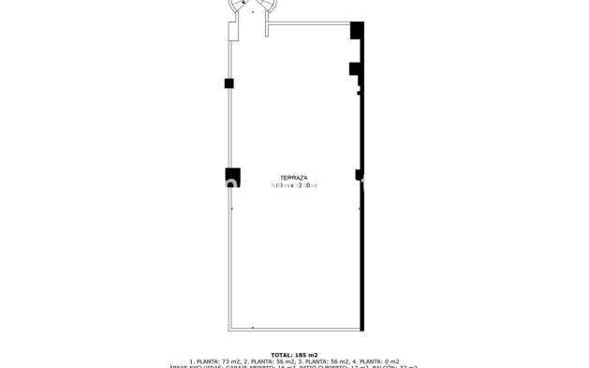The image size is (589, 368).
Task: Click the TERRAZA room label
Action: click(x=294, y=177)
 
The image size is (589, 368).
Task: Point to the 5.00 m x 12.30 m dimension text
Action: click(x=294, y=185)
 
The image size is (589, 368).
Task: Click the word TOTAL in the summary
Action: click(x=281, y=355)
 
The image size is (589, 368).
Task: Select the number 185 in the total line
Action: click(x=302, y=355)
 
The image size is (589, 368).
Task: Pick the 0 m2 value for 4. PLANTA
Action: click(x=391, y=362)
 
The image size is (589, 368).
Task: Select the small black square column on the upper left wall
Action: click(x=228, y=83)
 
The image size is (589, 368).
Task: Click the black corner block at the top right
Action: click(x=357, y=31)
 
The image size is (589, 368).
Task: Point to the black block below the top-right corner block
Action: click(x=355, y=68)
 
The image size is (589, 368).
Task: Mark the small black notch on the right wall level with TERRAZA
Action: click(x=358, y=173)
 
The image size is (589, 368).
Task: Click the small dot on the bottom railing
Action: click(x=252, y=327)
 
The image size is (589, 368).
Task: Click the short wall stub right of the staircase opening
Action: click(x=268, y=30)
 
